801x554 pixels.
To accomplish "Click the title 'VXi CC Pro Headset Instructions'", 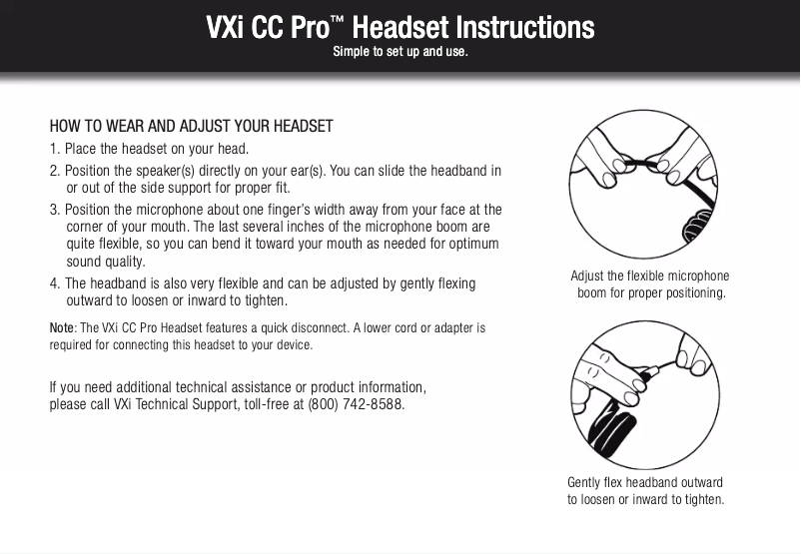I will click(x=400, y=26).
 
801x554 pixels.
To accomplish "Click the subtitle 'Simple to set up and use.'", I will click(x=400, y=51).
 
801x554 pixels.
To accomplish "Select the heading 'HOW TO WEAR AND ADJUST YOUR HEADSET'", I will click(x=191, y=127).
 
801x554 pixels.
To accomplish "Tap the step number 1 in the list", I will click(x=54, y=150).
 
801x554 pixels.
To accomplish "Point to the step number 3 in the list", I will click(x=54, y=209).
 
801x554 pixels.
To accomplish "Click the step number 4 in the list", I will click(x=54, y=283).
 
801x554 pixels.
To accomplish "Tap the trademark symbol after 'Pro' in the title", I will click(x=341, y=19).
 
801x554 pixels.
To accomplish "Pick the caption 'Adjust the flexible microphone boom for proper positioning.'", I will click(x=650, y=285).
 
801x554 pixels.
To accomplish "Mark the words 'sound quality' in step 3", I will click(x=105, y=263).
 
